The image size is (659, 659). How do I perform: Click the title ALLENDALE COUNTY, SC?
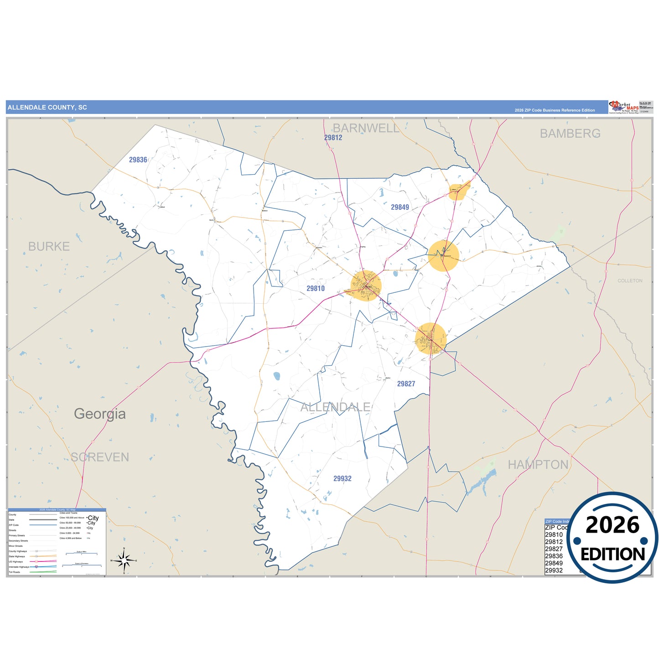(x=47, y=108)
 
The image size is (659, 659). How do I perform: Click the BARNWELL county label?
(x=366, y=128)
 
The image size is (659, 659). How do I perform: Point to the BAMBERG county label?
(x=570, y=134)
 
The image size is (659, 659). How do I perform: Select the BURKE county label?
(x=49, y=247)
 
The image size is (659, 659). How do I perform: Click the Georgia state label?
(x=100, y=414)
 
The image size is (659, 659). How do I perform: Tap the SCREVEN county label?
(x=100, y=457)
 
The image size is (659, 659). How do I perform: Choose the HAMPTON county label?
(x=538, y=465)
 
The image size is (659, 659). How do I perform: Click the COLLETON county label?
(x=630, y=281)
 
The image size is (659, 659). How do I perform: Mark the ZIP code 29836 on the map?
(x=138, y=160)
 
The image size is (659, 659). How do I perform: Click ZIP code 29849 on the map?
(x=400, y=208)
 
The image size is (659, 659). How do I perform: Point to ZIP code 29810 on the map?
(x=316, y=289)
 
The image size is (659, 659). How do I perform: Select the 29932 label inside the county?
(x=342, y=478)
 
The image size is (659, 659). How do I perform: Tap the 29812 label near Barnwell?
(x=333, y=138)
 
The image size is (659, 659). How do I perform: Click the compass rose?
(x=124, y=560)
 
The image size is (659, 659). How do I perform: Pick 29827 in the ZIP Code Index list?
(x=554, y=549)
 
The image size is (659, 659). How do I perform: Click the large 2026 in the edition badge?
(x=612, y=525)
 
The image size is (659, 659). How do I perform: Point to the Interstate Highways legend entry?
(x=18, y=567)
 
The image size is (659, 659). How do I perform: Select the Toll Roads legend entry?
(x=14, y=572)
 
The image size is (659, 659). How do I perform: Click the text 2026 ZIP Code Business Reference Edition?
(x=555, y=110)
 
